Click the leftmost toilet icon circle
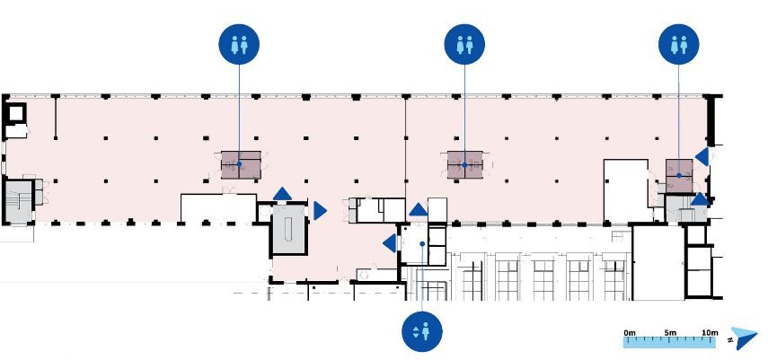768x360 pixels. pos(239,44)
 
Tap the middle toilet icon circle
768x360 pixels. pos(464,44)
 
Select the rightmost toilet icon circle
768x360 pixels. pos(679,44)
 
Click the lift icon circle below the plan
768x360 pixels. pos(421,331)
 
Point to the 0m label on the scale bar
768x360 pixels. pos(630,333)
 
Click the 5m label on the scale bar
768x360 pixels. pos(670,333)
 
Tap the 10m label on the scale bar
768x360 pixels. pos(710,333)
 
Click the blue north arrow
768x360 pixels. pos(746,338)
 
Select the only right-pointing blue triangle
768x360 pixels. pos(320,211)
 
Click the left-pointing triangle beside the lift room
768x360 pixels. pos(390,243)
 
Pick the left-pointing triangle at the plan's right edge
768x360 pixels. pos(702,157)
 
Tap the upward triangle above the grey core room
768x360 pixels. pos(282,194)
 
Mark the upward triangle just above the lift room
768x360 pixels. pos(419,210)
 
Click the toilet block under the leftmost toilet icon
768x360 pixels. pos(241,164)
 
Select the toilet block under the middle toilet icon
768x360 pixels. pos(464,164)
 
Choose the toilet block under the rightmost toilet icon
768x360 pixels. pos(679,175)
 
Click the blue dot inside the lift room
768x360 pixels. pos(422,243)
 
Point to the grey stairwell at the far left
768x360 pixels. pos(19,201)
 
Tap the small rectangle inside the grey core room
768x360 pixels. pos(289,227)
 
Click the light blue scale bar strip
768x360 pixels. pos(670,342)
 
